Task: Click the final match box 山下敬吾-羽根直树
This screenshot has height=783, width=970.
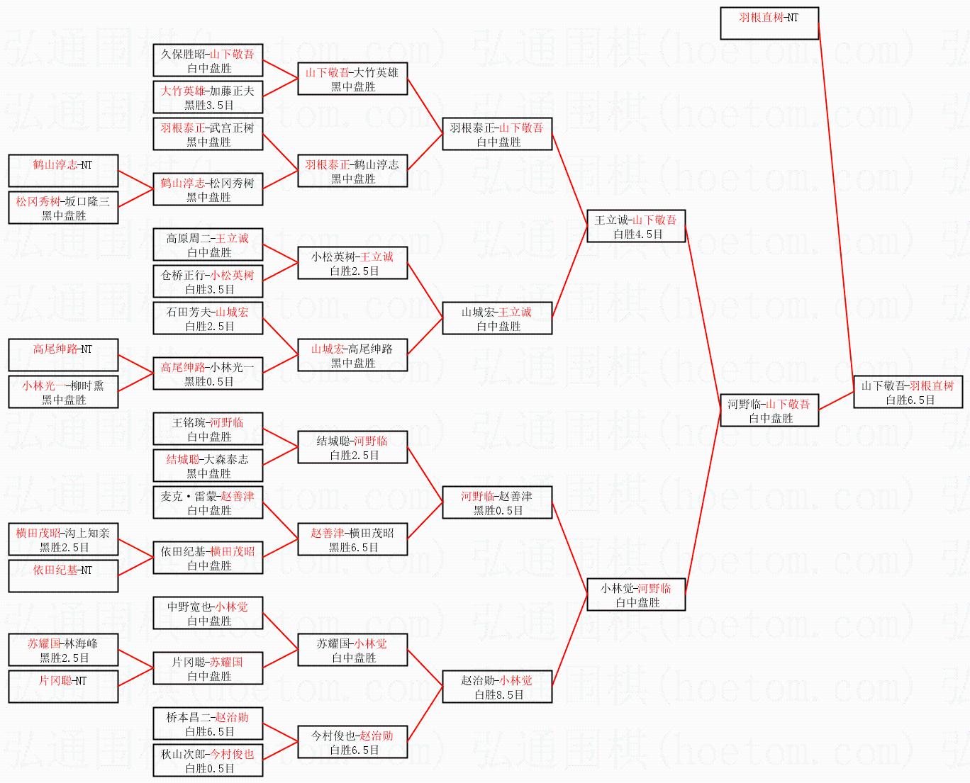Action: [908, 392]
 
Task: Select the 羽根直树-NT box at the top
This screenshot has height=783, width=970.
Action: [769, 23]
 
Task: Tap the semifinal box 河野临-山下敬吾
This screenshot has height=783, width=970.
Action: [769, 410]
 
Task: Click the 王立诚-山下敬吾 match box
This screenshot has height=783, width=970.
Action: [636, 226]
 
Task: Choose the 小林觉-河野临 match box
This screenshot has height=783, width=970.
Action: [636, 595]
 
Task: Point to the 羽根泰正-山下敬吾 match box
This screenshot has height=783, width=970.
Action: [497, 134]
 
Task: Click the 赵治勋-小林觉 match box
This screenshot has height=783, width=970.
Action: [497, 687]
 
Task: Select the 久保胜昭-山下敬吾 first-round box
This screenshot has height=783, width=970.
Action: [208, 60]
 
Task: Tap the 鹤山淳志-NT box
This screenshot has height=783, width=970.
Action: [63, 171]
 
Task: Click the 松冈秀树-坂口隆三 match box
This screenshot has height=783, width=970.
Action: [63, 208]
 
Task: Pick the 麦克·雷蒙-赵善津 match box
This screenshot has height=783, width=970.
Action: [208, 502]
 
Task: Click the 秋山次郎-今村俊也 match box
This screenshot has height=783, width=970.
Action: [208, 760]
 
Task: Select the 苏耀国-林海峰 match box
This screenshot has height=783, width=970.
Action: [63, 650]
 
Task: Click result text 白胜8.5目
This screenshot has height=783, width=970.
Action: [498, 695]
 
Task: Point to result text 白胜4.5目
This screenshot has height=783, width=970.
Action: [637, 235]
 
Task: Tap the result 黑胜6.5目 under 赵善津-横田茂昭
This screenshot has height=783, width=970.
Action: [353, 548]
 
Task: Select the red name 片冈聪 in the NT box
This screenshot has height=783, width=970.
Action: [55, 680]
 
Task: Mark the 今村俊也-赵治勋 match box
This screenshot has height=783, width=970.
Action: [352, 742]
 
